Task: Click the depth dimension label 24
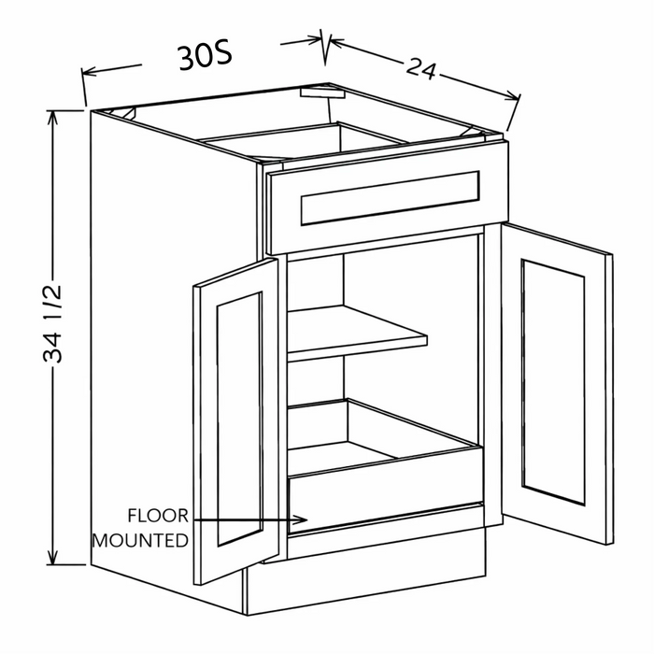pyautogui.click(x=421, y=69)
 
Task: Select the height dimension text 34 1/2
pyautogui.click(x=52, y=323)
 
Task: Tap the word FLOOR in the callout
pyautogui.click(x=158, y=516)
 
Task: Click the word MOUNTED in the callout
pyautogui.click(x=140, y=541)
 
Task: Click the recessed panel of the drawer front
pyautogui.click(x=390, y=198)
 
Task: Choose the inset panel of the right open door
pyautogui.click(x=553, y=382)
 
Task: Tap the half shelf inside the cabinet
pyautogui.click(x=357, y=333)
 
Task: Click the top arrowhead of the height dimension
pyautogui.click(x=52, y=117)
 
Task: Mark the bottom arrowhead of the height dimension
pyautogui.click(x=52, y=558)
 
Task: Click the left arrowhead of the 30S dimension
pyautogui.click(x=89, y=72)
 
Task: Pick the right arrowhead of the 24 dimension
pyautogui.click(x=513, y=96)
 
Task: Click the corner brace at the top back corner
pyautogui.click(x=322, y=92)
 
